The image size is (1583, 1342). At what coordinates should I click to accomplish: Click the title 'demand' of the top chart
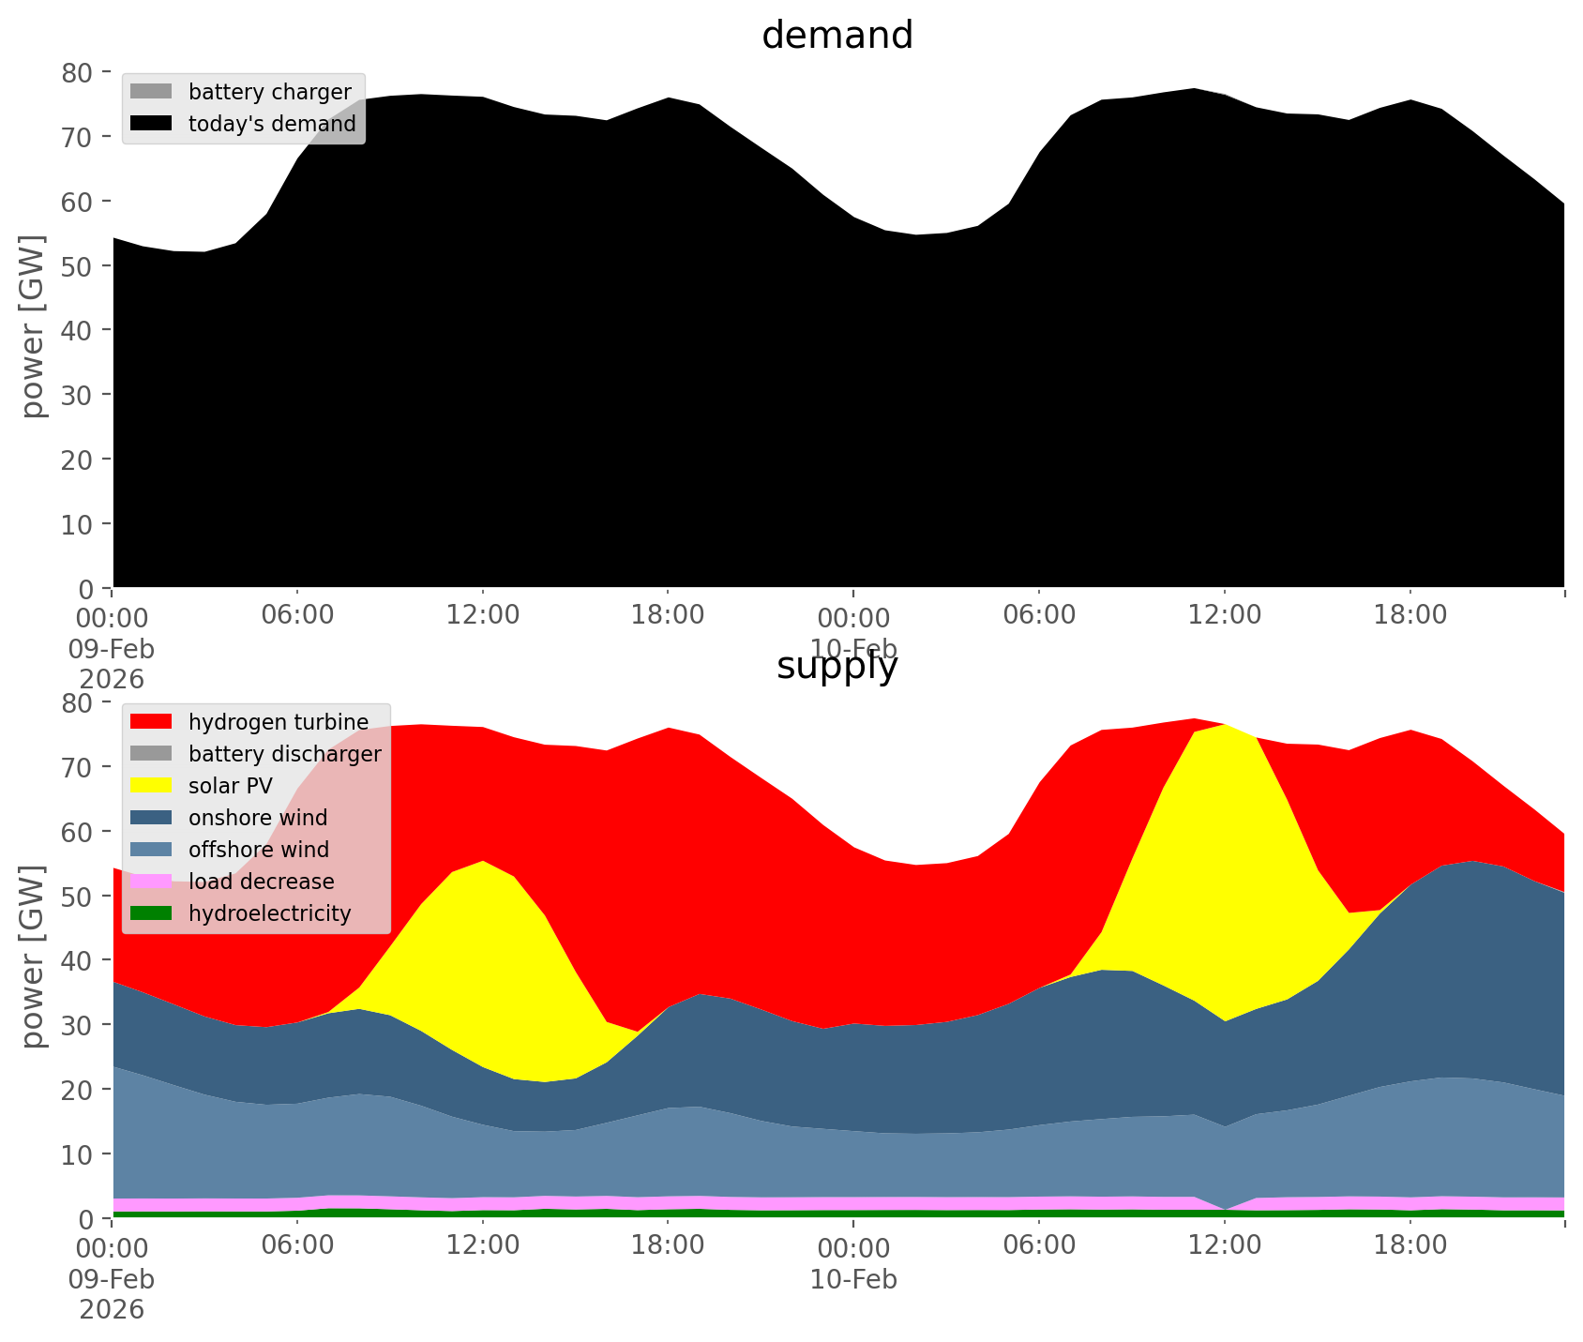pyautogui.click(x=837, y=36)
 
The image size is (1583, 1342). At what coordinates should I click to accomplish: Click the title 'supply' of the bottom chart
pyautogui.click(x=837, y=666)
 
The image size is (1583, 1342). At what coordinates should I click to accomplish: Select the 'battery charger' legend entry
pyautogui.click(x=269, y=92)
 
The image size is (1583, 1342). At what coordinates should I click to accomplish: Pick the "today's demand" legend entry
pyautogui.click(x=272, y=124)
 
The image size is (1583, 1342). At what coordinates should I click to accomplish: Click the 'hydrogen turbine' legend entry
pyautogui.click(x=278, y=722)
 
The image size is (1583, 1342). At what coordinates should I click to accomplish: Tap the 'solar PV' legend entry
pyautogui.click(x=230, y=786)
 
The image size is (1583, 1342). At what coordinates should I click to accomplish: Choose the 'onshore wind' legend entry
pyautogui.click(x=258, y=818)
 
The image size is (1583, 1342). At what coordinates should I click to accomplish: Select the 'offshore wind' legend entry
pyautogui.click(x=258, y=850)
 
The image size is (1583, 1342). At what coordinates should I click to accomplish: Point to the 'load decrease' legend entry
pyautogui.click(x=261, y=882)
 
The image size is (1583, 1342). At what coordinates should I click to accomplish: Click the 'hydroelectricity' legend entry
pyautogui.click(x=269, y=913)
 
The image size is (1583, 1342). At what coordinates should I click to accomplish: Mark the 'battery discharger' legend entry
pyautogui.click(x=284, y=754)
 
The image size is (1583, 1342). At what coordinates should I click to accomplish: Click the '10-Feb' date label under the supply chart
pyautogui.click(x=853, y=1279)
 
